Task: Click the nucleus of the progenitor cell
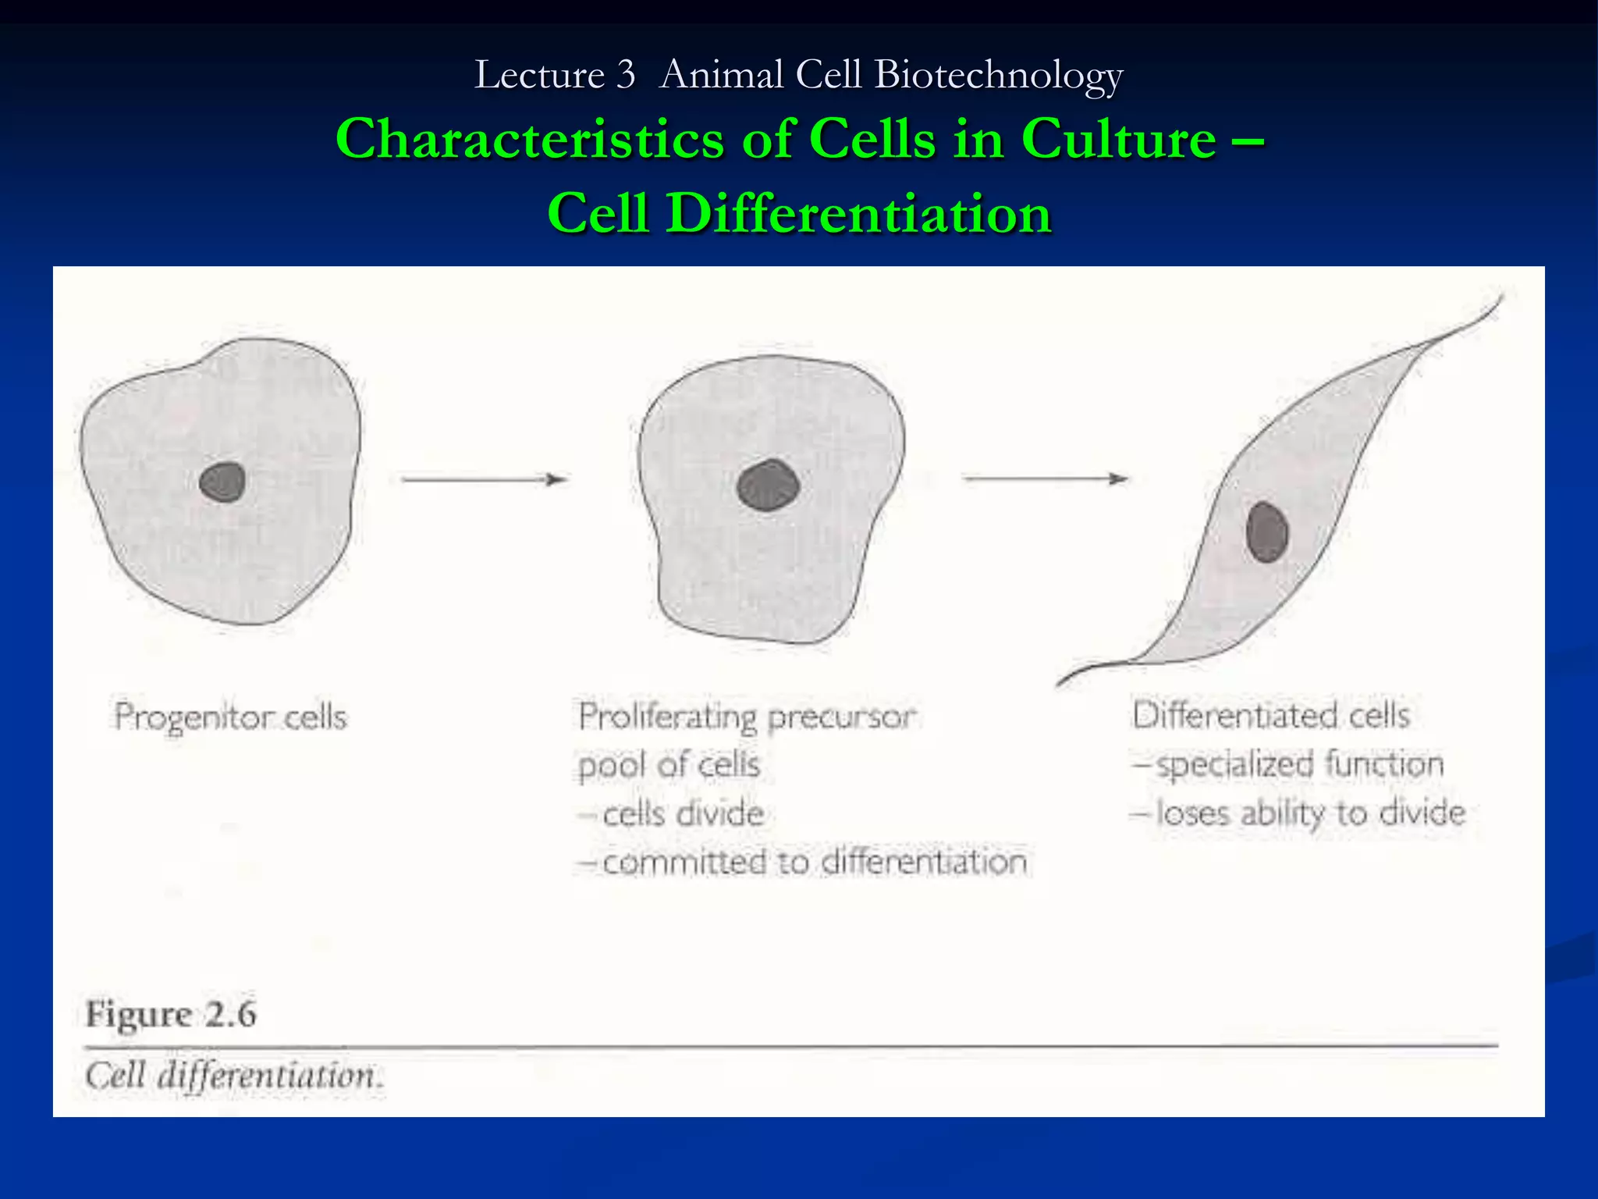(222, 482)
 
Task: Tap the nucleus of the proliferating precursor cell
(769, 486)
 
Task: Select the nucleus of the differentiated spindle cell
(1266, 532)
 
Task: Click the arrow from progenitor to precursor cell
(484, 479)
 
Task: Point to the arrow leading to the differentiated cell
(1045, 479)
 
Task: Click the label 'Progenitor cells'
(231, 717)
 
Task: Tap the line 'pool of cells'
(669, 765)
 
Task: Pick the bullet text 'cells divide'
(683, 814)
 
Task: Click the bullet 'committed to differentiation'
(814, 863)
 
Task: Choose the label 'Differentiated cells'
(1271, 715)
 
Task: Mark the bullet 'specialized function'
(1299, 764)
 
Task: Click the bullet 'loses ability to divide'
(1310, 813)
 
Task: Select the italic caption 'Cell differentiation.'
(234, 1076)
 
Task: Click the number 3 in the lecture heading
(625, 76)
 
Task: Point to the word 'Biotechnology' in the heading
(999, 76)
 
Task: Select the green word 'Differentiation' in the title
(858, 212)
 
